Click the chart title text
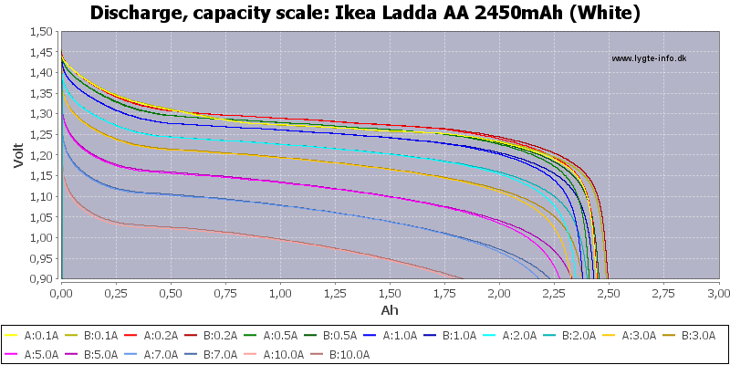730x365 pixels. [x=365, y=13]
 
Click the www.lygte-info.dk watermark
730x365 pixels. [x=649, y=58]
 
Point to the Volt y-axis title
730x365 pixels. [x=18, y=154]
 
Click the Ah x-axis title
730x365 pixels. [x=390, y=309]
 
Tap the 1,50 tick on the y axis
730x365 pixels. [x=39, y=31]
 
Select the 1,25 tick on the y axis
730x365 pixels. [x=39, y=114]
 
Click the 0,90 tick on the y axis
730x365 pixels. [x=39, y=279]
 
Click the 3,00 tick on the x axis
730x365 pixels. [x=718, y=294]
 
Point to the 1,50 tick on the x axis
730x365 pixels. [x=390, y=294]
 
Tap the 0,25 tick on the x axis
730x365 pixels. [x=116, y=294]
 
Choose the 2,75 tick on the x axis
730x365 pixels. [x=663, y=294]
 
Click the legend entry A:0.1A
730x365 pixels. [x=37, y=335]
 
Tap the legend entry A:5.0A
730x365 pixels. [x=37, y=353]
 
